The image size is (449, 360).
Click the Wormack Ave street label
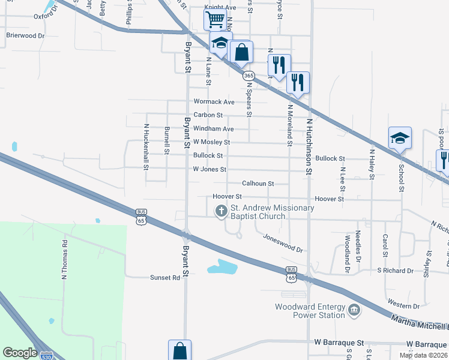pyautogui.click(x=214, y=102)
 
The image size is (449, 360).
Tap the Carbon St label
pyautogui.click(x=208, y=115)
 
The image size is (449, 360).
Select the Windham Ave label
pyautogui.click(x=213, y=129)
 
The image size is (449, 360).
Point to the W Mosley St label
pyautogui.click(x=211, y=142)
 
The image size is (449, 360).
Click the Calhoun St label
pyautogui.click(x=258, y=184)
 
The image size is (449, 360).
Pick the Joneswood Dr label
pyautogui.click(x=283, y=242)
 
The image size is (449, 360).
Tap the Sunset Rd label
pyautogui.click(x=164, y=278)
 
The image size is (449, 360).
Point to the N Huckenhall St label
pyautogui.click(x=146, y=146)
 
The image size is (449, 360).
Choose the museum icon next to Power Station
pyautogui.click(x=354, y=311)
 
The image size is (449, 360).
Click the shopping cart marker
pyautogui.click(x=214, y=19)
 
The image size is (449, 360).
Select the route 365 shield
pyautogui.click(x=248, y=76)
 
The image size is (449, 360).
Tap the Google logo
pyautogui.click(x=20, y=352)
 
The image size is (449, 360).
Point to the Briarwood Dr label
pyautogui.click(x=25, y=36)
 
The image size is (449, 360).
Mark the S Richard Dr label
pyautogui.click(x=395, y=271)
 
